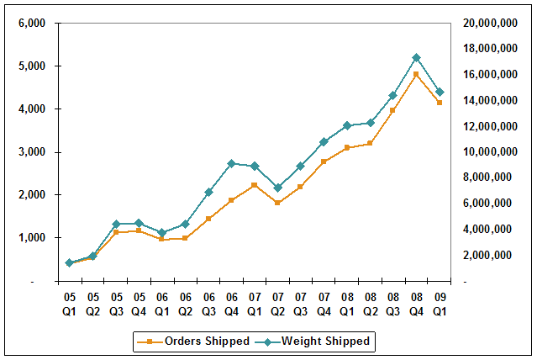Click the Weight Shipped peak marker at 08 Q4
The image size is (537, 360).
click(x=416, y=57)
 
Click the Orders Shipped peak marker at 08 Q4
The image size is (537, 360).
click(x=416, y=74)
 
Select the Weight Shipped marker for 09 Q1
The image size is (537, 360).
click(x=440, y=92)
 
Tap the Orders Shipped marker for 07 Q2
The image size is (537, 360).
click(x=277, y=203)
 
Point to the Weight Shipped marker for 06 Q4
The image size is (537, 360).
click(x=231, y=163)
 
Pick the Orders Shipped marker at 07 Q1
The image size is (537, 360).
click(x=254, y=185)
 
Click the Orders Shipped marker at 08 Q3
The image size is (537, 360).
click(x=392, y=110)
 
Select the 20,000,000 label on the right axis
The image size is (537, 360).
click(x=488, y=23)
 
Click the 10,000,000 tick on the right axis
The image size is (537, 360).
click(x=488, y=151)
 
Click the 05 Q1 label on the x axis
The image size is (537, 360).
click(x=69, y=303)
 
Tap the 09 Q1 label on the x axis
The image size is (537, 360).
click(x=440, y=303)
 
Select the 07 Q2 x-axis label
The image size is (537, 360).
click(x=277, y=303)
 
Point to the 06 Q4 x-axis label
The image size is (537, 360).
click(x=231, y=303)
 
